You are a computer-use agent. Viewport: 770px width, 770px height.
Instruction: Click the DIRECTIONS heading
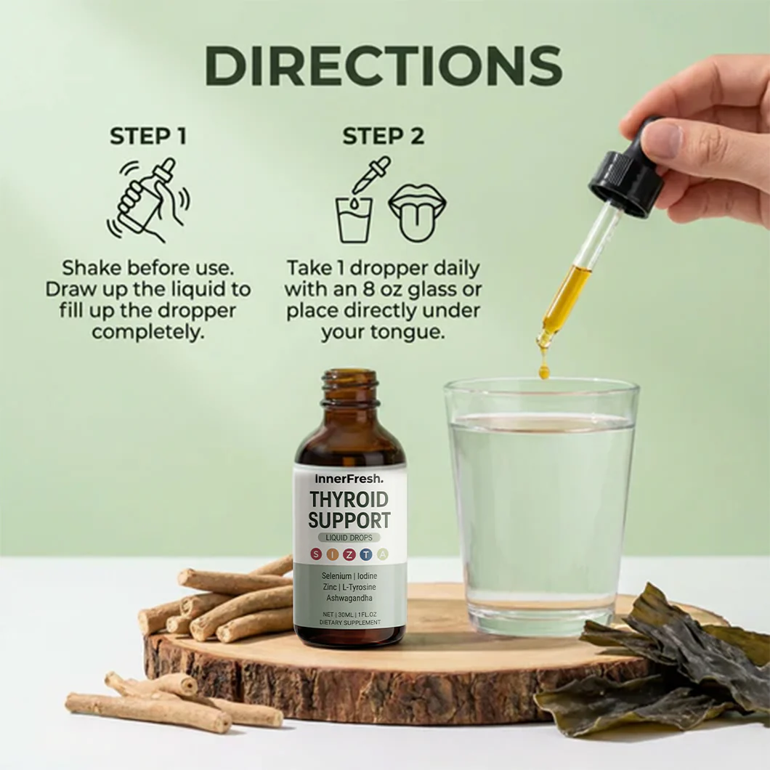[x=384, y=66]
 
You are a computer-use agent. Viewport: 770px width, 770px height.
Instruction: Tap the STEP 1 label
[x=147, y=136]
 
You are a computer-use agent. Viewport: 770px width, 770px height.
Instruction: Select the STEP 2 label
[x=383, y=136]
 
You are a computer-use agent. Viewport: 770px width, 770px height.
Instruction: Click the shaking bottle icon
[x=148, y=200]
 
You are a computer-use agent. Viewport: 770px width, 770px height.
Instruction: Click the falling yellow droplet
[x=543, y=371]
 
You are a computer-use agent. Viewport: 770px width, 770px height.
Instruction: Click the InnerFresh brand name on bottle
[x=349, y=478]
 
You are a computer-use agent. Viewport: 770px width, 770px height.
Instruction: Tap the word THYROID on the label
[x=349, y=500]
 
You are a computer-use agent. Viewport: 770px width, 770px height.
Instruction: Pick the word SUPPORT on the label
[x=349, y=520]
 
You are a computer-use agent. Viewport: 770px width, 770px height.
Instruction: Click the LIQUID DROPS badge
[x=349, y=538]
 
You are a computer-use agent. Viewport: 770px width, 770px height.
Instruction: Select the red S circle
[x=316, y=554]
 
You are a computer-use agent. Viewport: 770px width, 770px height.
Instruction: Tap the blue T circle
[x=366, y=554]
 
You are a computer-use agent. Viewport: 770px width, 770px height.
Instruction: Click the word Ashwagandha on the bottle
[x=349, y=598]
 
